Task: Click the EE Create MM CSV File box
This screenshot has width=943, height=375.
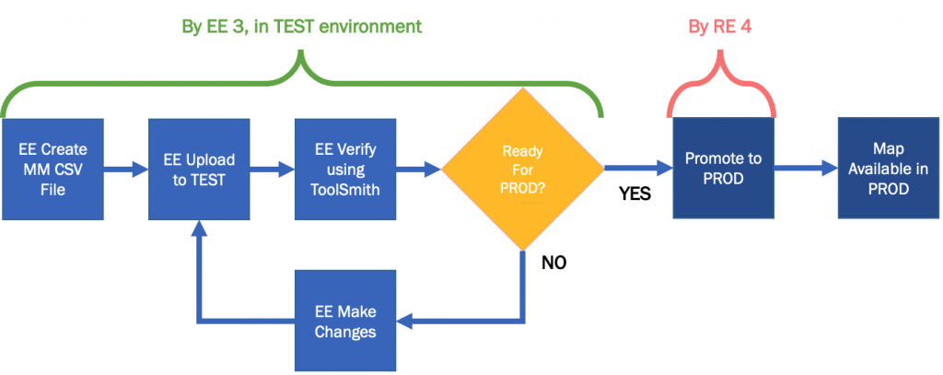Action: coord(52,170)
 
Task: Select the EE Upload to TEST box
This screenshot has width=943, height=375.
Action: coord(199,170)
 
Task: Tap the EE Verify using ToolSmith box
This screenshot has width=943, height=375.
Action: coord(345,170)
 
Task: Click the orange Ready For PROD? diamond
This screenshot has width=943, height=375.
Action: coord(523,170)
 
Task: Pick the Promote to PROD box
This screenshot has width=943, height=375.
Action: coord(724,170)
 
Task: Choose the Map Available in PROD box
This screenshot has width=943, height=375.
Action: coord(889,170)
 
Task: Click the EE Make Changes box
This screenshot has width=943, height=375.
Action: coord(345,321)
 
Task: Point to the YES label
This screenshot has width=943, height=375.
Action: coord(635,194)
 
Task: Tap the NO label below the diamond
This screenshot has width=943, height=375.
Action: coord(553,263)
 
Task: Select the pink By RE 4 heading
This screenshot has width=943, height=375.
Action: coord(720,27)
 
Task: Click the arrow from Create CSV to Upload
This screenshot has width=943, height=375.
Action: coord(125,170)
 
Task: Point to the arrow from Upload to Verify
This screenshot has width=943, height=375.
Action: coord(273,170)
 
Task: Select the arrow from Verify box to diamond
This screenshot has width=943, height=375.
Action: coord(419,170)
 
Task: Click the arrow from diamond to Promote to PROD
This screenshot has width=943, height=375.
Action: coord(638,170)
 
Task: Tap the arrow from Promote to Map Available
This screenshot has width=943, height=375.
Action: coord(806,170)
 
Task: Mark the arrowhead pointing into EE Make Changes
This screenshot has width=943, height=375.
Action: coord(404,320)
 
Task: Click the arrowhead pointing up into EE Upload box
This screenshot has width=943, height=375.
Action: coord(199,228)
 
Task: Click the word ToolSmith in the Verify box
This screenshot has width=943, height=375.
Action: coord(345,190)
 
